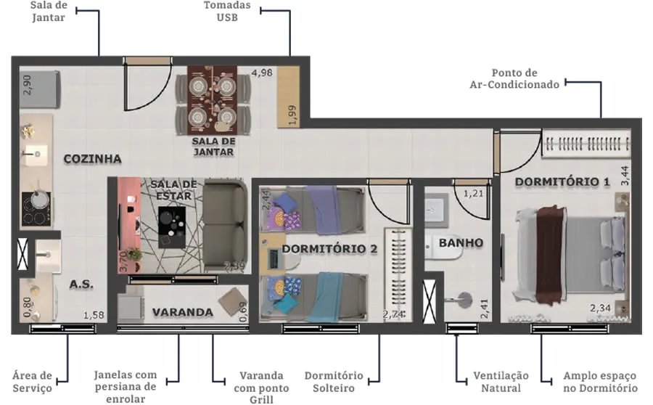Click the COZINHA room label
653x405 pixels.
point(92,159)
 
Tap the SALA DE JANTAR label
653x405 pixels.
point(213,147)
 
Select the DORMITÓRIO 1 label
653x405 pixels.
point(562,181)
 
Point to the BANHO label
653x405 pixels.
point(461,242)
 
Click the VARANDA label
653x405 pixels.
point(182,312)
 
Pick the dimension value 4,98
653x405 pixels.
point(262,73)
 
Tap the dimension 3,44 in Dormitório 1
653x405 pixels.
point(625,176)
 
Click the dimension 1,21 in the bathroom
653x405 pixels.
point(474,193)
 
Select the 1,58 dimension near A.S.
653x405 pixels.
point(94,315)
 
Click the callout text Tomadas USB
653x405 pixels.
point(227,12)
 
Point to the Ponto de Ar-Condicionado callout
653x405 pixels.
point(514,78)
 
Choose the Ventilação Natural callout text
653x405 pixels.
point(501,382)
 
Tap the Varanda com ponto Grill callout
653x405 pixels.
point(261,388)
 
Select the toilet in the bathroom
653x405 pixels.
point(443,247)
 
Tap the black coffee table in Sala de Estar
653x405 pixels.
point(171,227)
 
